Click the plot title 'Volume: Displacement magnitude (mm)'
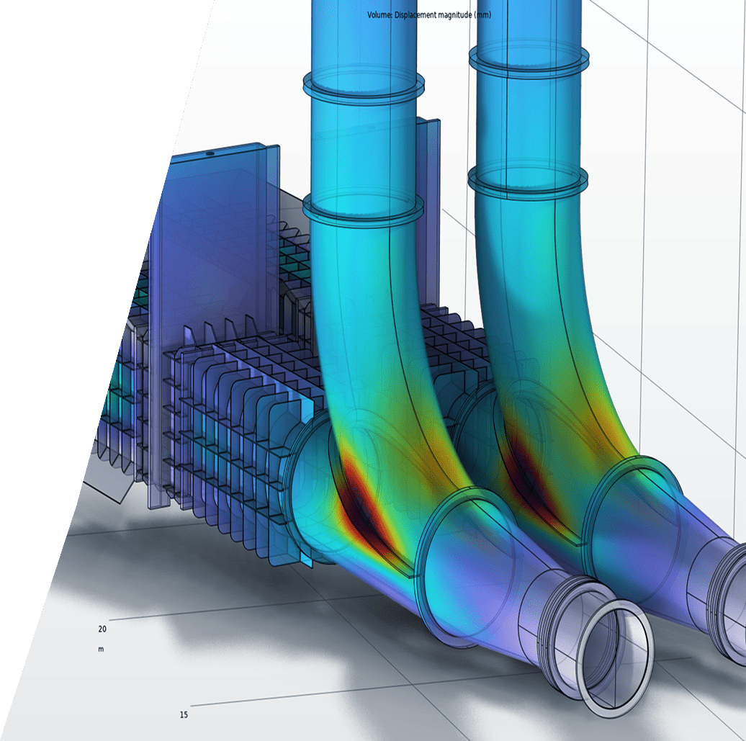(x=429, y=14)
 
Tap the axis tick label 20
(x=102, y=629)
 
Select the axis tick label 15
(x=184, y=715)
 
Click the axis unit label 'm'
(x=101, y=649)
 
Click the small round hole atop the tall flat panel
(x=210, y=154)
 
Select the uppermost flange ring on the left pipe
(x=364, y=86)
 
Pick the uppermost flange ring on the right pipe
(x=529, y=56)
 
